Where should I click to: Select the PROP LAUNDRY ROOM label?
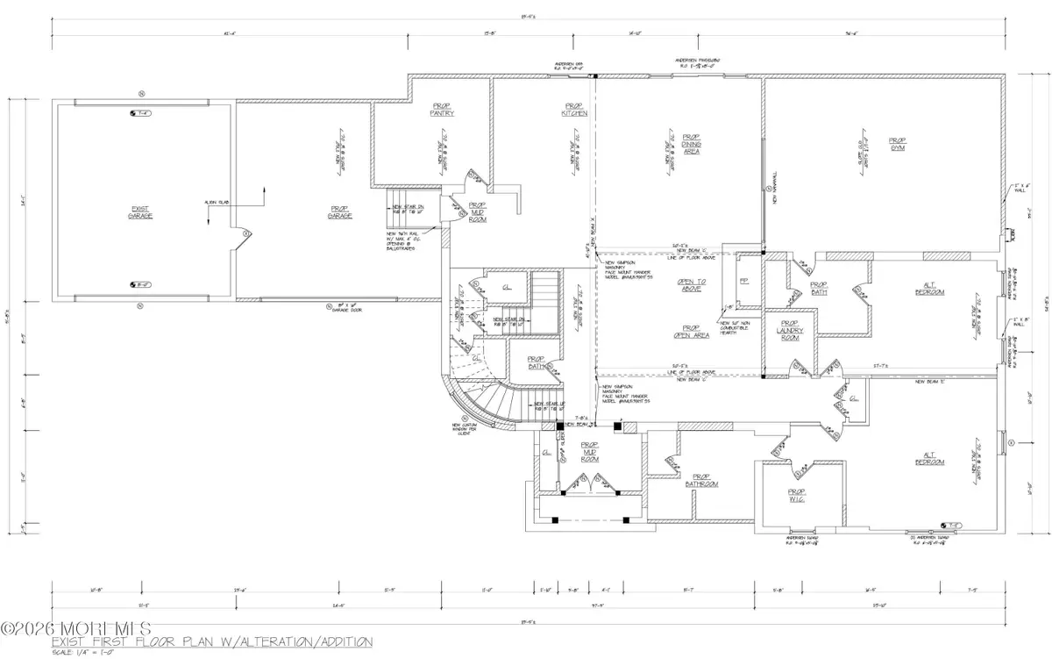pyautogui.click(x=791, y=330)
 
